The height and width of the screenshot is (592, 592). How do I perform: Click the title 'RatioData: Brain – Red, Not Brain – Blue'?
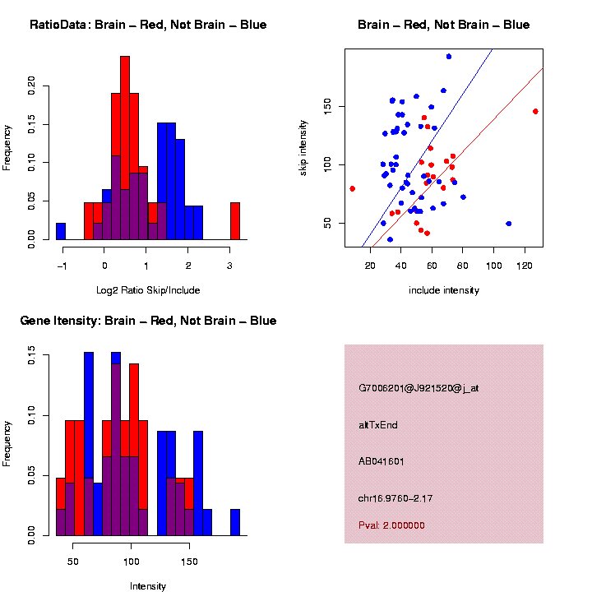[x=148, y=25]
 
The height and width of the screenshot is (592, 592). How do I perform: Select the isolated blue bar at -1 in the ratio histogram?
[x=61, y=231]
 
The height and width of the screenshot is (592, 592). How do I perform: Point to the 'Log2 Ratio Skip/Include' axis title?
[x=148, y=289]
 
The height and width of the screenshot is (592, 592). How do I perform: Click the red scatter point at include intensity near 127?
[x=535, y=111]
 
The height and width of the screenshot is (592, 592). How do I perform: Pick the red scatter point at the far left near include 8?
[x=353, y=188]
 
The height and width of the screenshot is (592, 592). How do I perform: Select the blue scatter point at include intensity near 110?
[x=508, y=224]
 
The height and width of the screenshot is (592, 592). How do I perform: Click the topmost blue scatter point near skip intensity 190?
[x=448, y=57]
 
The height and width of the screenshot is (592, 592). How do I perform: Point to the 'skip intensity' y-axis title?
[x=304, y=147]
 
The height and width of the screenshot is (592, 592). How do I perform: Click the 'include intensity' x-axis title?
[x=444, y=289]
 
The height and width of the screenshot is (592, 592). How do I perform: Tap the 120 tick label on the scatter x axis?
[x=525, y=265]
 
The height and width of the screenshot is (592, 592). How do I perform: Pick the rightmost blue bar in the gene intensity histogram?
[x=235, y=522]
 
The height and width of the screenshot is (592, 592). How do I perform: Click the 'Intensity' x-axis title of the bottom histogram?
[x=148, y=586]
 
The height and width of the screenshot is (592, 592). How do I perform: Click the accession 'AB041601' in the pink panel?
[x=382, y=461]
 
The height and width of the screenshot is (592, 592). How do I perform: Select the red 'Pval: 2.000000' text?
[x=391, y=525]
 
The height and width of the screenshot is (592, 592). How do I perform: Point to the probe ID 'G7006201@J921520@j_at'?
[x=419, y=387]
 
